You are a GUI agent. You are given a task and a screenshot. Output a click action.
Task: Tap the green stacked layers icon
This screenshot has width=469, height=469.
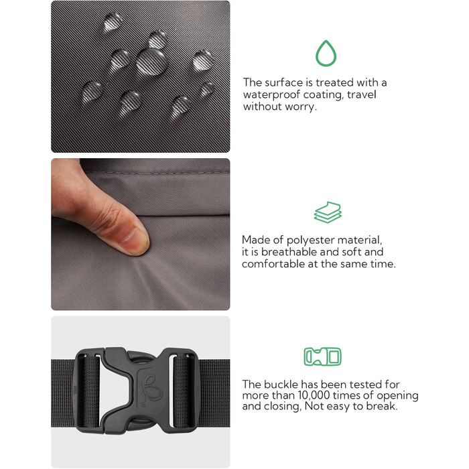coord(328,212)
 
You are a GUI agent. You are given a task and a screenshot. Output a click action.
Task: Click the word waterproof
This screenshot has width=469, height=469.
coord(271,95)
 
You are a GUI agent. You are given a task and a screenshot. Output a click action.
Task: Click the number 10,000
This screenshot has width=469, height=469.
coord(314,395)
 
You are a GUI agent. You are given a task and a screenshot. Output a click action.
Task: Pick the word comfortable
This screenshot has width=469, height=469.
coord(273,264)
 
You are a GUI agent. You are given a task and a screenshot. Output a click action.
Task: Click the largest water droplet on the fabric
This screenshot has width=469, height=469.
coord(151,62)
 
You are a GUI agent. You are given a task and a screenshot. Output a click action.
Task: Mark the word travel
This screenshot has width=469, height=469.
coord(362,94)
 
